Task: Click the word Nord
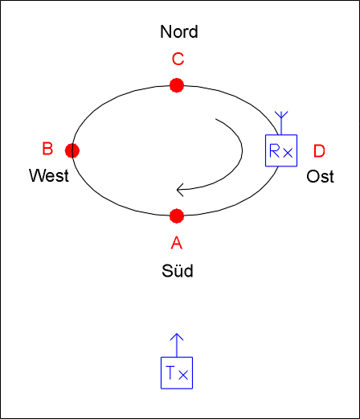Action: [179, 31]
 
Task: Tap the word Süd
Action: [178, 270]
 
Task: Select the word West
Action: [49, 175]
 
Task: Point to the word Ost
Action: [320, 176]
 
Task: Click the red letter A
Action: [177, 243]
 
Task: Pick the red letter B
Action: [47, 149]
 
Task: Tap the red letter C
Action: [178, 59]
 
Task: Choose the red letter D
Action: [319, 151]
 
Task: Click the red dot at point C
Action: [177, 85]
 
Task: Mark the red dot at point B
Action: [72, 150]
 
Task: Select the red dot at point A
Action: [177, 216]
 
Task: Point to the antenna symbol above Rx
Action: [281, 123]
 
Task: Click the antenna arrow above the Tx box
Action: [177, 345]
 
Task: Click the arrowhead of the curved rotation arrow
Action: [180, 190]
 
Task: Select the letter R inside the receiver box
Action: [275, 150]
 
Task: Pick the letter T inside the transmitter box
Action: [171, 372]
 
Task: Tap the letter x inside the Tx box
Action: [183, 375]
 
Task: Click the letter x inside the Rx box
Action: [288, 153]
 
